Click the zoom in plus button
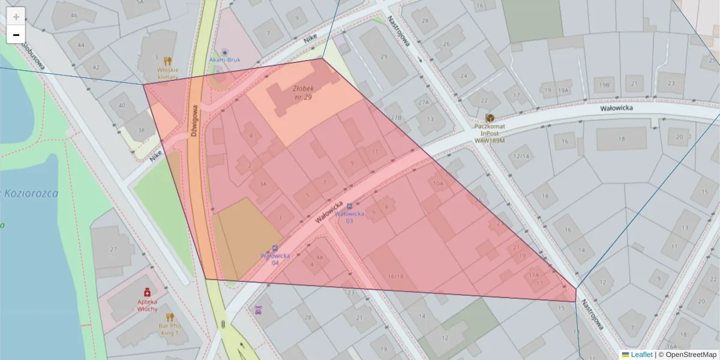tap(16, 16)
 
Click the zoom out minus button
tap(16, 35)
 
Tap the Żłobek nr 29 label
tap(303, 92)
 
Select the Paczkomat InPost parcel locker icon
tap(490, 118)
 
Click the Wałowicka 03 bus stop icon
tap(350, 206)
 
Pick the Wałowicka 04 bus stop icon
tap(275, 248)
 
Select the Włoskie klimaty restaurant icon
tap(167, 61)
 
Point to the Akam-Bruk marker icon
tap(225, 53)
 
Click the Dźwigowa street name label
tap(194, 122)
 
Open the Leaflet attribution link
tap(641, 355)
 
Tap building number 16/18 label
tap(395, 276)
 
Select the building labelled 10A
tap(438, 184)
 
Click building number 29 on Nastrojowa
tap(384, 56)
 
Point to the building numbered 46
tap(74, 16)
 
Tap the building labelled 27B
tap(395, 118)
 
